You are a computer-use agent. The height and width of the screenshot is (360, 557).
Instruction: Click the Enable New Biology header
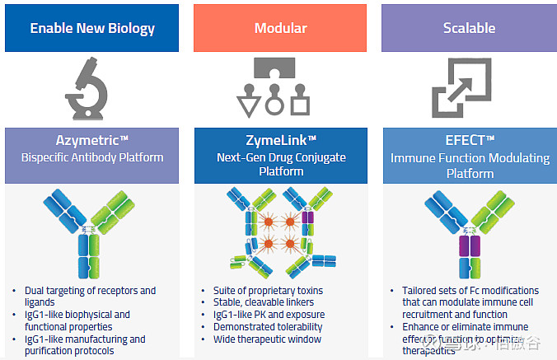click(x=91, y=28)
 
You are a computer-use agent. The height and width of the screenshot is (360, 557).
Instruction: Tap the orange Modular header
click(x=280, y=28)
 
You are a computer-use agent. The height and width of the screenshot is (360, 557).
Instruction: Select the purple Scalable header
click(x=469, y=28)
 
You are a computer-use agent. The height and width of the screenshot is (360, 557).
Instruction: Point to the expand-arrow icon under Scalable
click(x=469, y=90)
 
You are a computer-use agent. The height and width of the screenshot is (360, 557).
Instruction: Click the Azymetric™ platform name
click(x=91, y=141)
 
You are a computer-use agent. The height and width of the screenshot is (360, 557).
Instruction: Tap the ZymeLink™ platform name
click(x=280, y=141)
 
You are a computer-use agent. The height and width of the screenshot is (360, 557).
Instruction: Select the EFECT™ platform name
click(x=469, y=141)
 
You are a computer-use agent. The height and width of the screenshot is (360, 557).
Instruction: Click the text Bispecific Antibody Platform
click(x=91, y=157)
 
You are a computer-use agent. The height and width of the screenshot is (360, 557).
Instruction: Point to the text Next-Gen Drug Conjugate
click(x=280, y=157)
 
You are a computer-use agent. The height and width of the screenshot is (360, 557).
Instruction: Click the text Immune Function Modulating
click(x=469, y=157)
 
